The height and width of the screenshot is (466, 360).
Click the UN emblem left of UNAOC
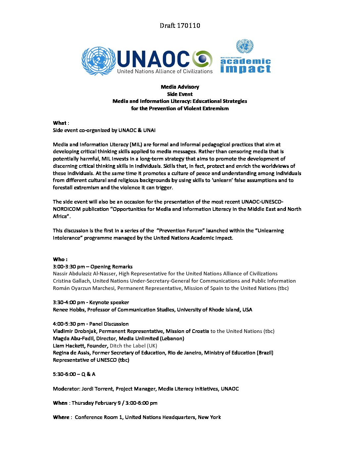(x=98, y=61)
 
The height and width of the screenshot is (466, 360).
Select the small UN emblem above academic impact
(x=245, y=46)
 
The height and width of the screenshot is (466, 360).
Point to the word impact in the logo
(x=246, y=69)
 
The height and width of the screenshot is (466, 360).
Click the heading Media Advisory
(x=180, y=87)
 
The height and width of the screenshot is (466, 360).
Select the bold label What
(x=60, y=123)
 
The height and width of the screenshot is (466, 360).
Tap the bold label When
(x=60, y=403)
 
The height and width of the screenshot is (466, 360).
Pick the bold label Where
(x=61, y=417)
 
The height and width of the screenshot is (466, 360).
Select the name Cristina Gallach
(x=71, y=281)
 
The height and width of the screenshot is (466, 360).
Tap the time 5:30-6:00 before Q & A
(x=64, y=374)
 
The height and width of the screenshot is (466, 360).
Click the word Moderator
(x=66, y=389)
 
